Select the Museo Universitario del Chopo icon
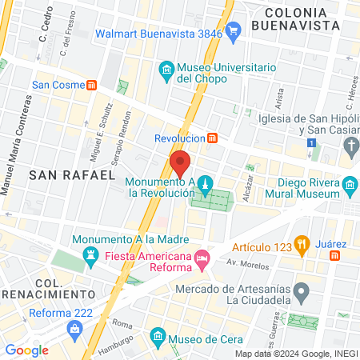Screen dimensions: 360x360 (x=166, y=72)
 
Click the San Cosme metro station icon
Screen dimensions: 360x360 (x=93, y=84)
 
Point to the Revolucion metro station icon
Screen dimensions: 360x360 (x=212, y=137)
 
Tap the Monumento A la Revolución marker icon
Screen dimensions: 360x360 (x=206, y=183)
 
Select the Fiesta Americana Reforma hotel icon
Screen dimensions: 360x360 (x=203, y=257)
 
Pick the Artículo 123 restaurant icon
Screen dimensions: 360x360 (x=302, y=244)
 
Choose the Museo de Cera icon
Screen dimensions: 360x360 (x=158, y=334)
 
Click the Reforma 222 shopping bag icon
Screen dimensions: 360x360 (x=74, y=328)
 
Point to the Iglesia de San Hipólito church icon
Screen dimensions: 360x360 (x=350, y=145)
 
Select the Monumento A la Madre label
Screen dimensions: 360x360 (x=130, y=239)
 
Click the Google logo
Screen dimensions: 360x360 (x=26, y=350)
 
